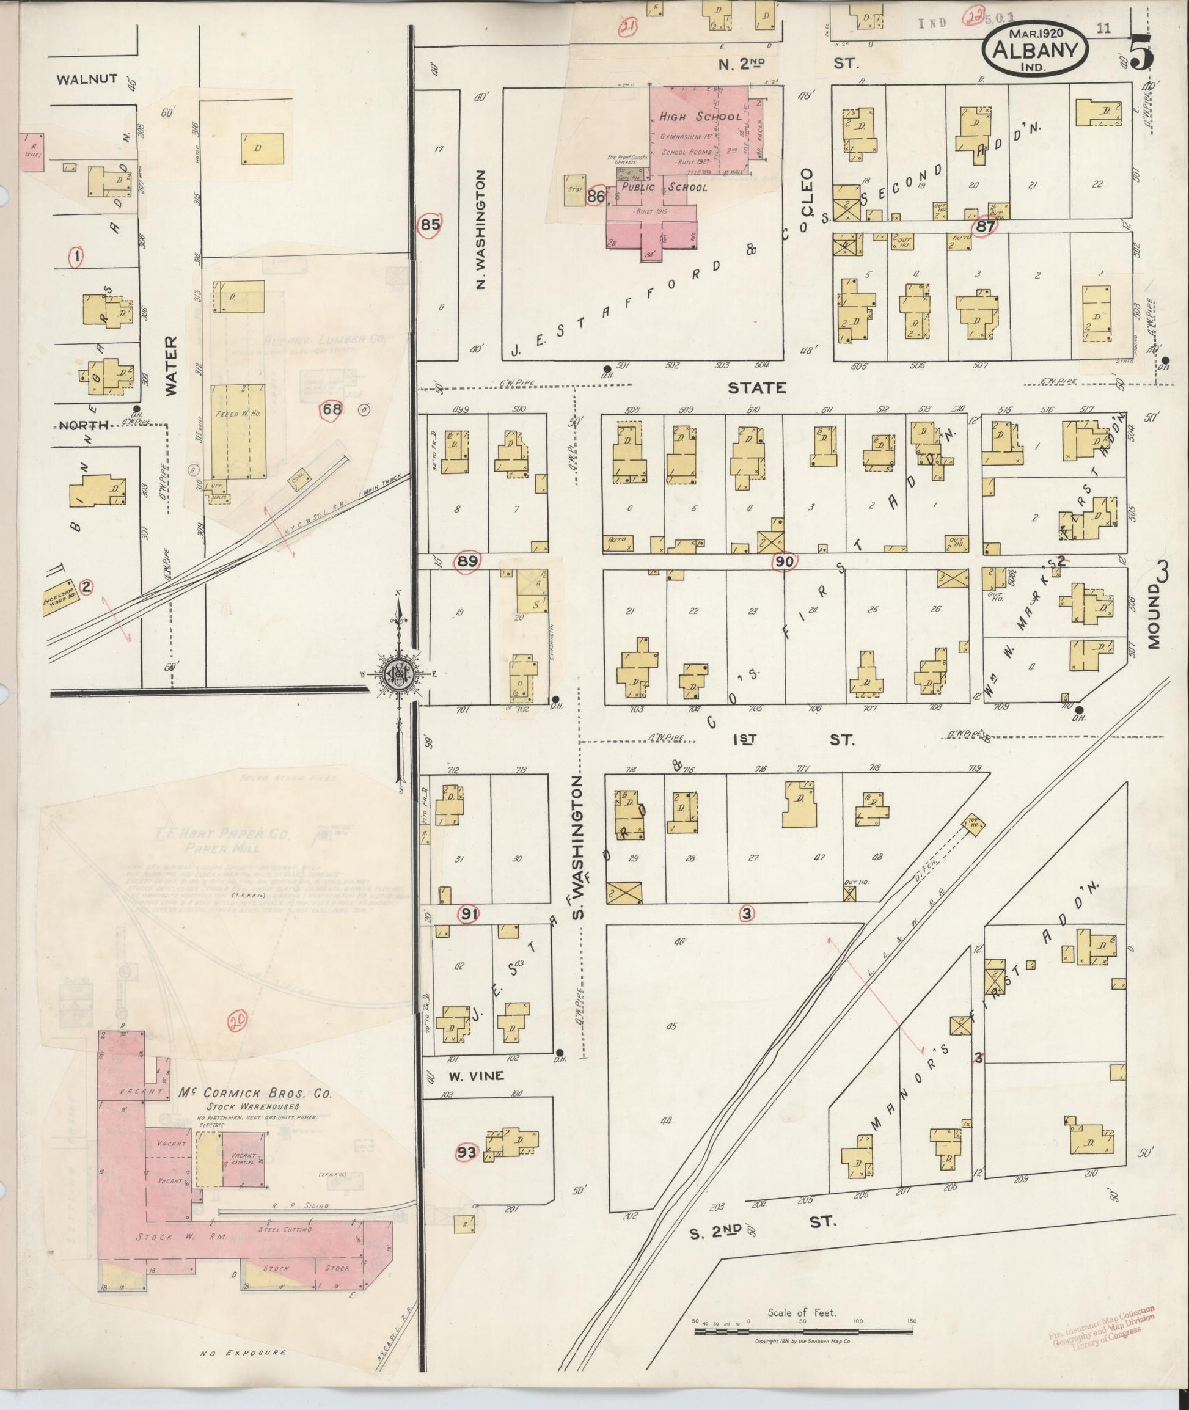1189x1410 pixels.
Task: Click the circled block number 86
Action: point(596,197)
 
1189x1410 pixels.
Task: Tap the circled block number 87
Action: point(986,227)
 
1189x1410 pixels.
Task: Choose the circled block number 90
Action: point(785,561)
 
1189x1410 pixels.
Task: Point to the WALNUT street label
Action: point(87,80)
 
